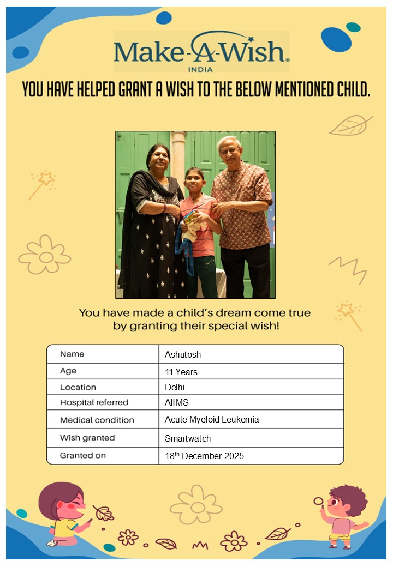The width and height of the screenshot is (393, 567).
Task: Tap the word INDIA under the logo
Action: (200, 69)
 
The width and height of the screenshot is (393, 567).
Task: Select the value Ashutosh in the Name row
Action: (183, 354)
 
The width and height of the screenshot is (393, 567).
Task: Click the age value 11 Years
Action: (181, 372)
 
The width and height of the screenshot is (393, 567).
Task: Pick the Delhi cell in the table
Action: (175, 387)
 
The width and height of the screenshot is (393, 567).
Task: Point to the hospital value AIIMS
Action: (176, 403)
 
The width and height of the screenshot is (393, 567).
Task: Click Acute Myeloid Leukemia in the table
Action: (212, 420)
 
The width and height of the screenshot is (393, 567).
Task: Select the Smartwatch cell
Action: (188, 438)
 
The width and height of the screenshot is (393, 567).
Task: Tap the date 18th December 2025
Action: (204, 456)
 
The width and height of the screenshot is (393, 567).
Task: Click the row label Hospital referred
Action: (94, 403)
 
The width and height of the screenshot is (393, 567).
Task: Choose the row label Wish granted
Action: (87, 438)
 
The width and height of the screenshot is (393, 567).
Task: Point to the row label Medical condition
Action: (97, 420)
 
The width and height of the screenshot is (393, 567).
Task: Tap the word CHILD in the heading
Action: (348, 89)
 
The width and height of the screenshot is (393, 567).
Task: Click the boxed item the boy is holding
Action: (190, 218)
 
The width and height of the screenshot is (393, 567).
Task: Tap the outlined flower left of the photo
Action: (45, 255)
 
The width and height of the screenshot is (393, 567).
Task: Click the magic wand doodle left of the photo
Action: (41, 184)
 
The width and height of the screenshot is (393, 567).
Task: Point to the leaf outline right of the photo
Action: (350, 126)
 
